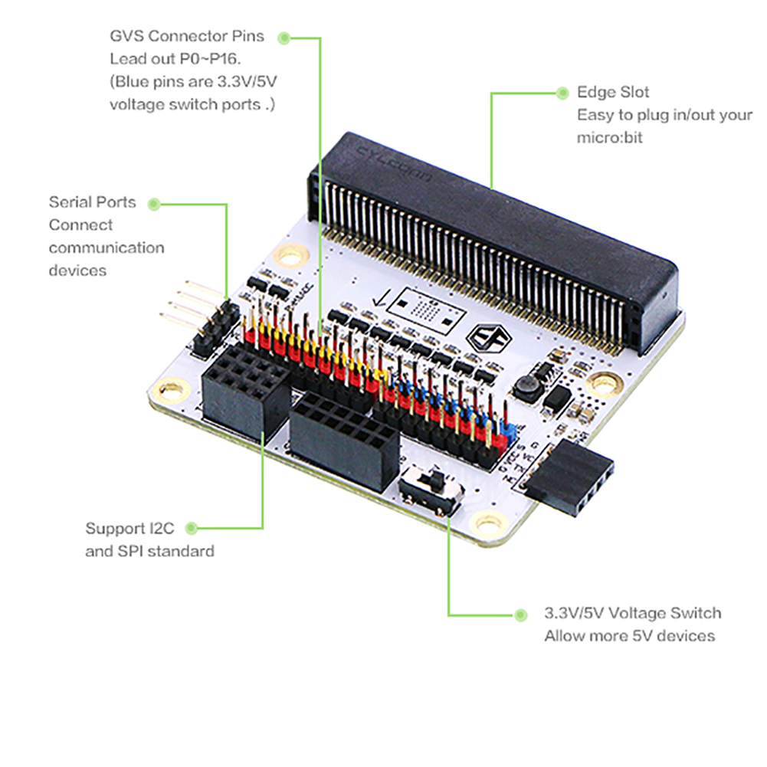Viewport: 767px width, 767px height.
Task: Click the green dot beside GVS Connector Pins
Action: click(284, 36)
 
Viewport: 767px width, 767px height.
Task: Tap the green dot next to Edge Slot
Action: click(562, 92)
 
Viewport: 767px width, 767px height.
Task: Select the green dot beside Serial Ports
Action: click(154, 204)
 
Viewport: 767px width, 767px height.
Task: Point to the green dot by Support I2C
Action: click(192, 527)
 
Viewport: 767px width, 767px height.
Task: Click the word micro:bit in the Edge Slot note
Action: click(610, 138)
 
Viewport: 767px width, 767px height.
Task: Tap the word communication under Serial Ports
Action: click(107, 247)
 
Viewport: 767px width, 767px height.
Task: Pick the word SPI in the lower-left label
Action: click(129, 550)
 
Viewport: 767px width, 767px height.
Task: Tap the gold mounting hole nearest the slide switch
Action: click(488, 524)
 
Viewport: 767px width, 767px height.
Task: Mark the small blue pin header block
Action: click(505, 429)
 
